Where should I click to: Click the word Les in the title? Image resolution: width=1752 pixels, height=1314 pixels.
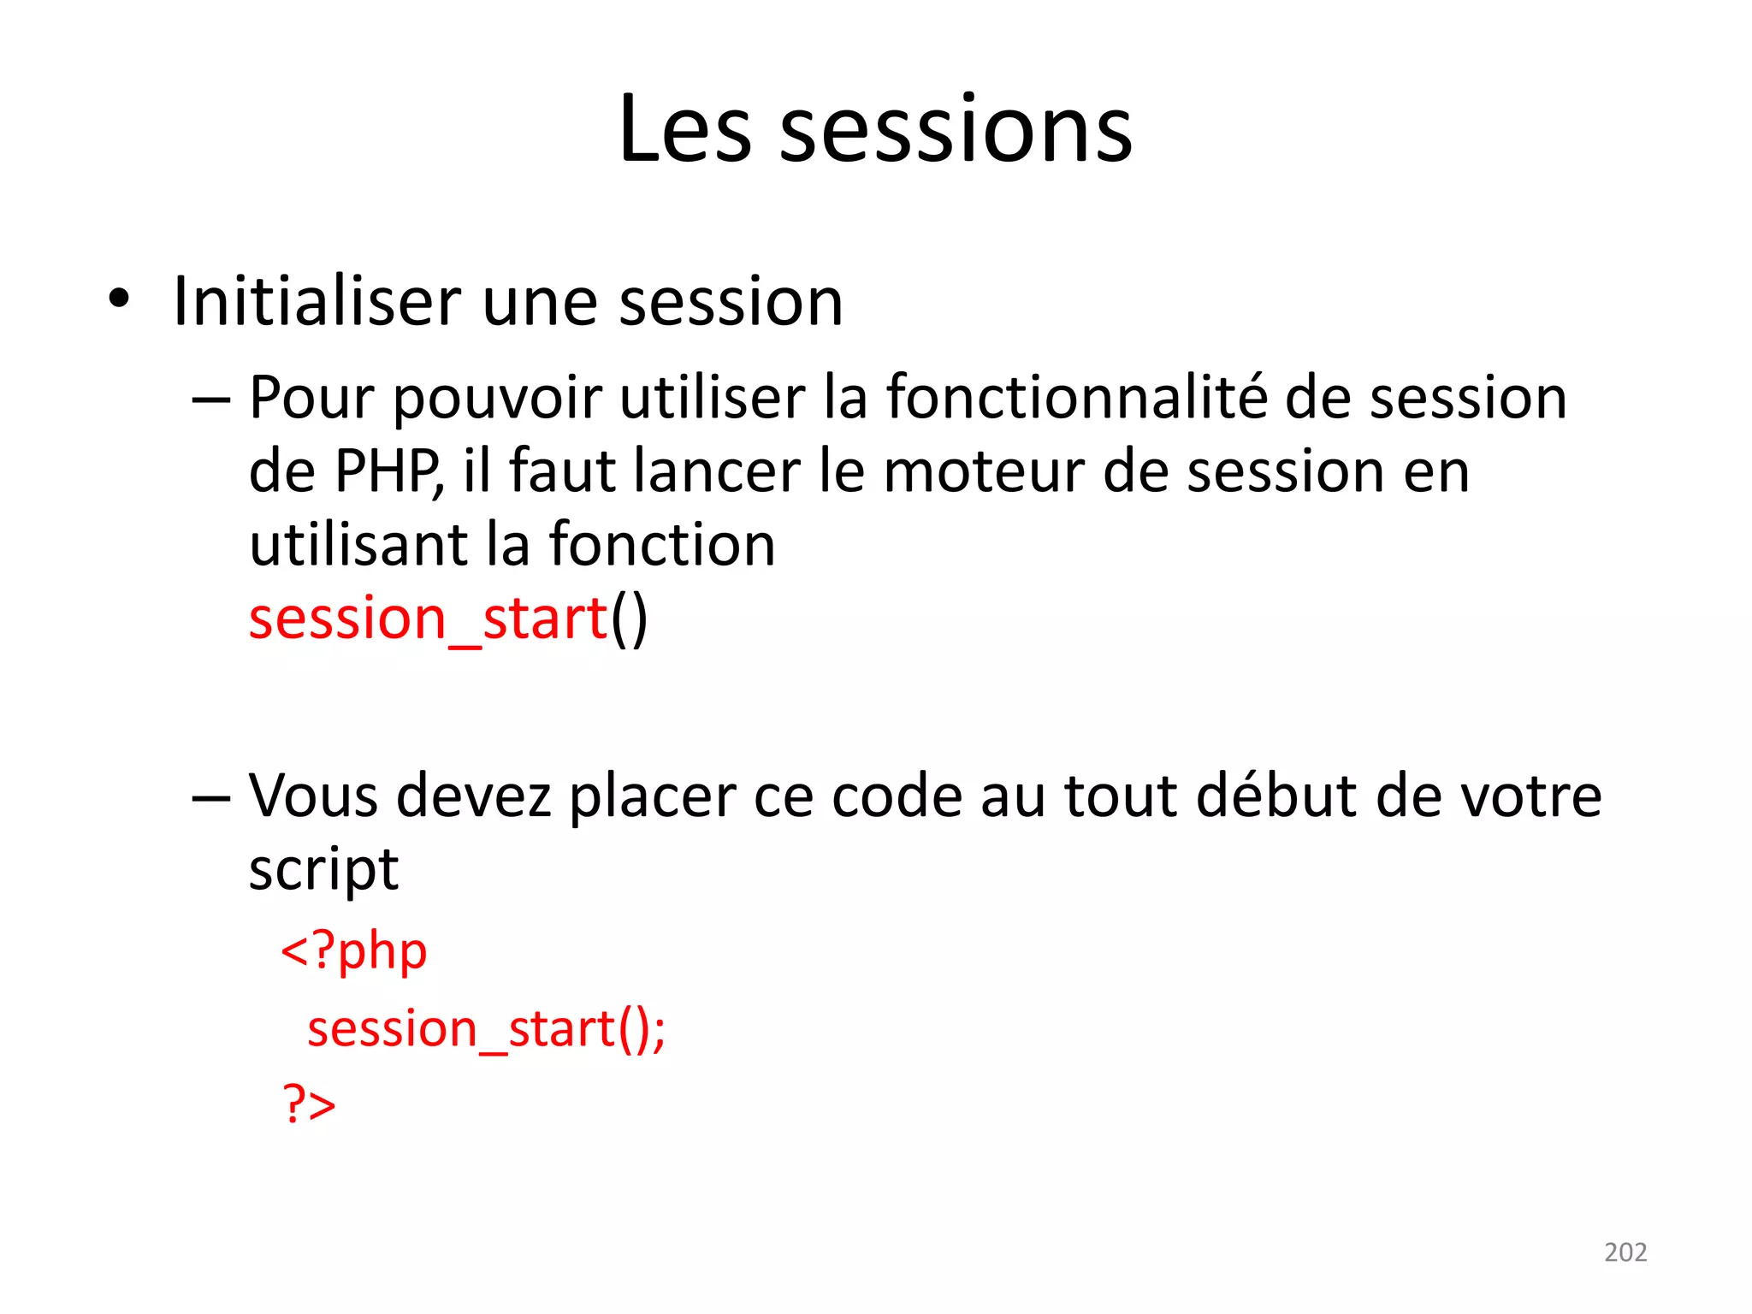[x=685, y=130]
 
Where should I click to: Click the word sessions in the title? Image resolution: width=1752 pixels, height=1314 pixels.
[x=956, y=130]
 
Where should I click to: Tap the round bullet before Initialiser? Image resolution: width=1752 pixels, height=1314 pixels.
[x=119, y=299]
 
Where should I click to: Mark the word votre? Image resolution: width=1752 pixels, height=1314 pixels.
[x=1530, y=797]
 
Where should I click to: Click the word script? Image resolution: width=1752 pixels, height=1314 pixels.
[x=323, y=871]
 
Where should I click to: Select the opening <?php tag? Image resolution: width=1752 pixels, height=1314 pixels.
[x=354, y=951]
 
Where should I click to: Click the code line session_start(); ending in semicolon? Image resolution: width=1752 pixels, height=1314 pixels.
[x=486, y=1028]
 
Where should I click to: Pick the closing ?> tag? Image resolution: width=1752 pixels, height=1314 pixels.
[x=309, y=1104]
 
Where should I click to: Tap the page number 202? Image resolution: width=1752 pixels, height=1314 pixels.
[x=1625, y=1252]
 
